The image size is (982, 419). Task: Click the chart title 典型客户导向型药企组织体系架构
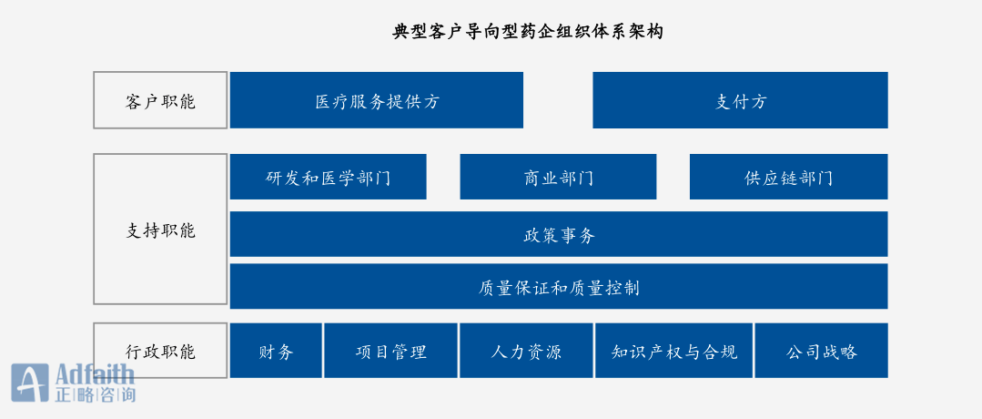pyautogui.click(x=527, y=31)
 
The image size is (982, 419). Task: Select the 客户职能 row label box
pyautogui.click(x=160, y=100)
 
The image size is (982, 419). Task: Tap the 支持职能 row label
pyautogui.click(x=160, y=229)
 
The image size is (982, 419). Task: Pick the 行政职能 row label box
pyautogui.click(x=160, y=351)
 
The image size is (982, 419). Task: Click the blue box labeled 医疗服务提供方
pyautogui.click(x=377, y=100)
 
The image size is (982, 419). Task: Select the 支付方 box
pyautogui.click(x=740, y=100)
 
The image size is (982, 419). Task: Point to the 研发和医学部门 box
pyautogui.click(x=329, y=177)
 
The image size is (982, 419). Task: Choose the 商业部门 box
pyautogui.click(x=558, y=177)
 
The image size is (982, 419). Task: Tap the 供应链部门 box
pyautogui.click(x=788, y=177)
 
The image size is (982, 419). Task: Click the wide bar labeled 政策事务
pyautogui.click(x=559, y=234)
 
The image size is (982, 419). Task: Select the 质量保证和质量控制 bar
pyautogui.click(x=559, y=286)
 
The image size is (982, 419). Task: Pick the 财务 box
pyautogui.click(x=276, y=351)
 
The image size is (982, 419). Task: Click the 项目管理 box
pyautogui.click(x=390, y=351)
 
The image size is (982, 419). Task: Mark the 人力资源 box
pyautogui.click(x=526, y=351)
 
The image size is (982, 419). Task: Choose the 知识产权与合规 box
pyautogui.click(x=673, y=351)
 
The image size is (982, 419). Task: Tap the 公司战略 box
pyautogui.click(x=821, y=351)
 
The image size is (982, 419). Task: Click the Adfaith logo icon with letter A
pyautogui.click(x=29, y=383)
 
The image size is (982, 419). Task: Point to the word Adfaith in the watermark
pyautogui.click(x=95, y=374)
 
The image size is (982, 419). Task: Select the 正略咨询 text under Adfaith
pyautogui.click(x=95, y=394)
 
